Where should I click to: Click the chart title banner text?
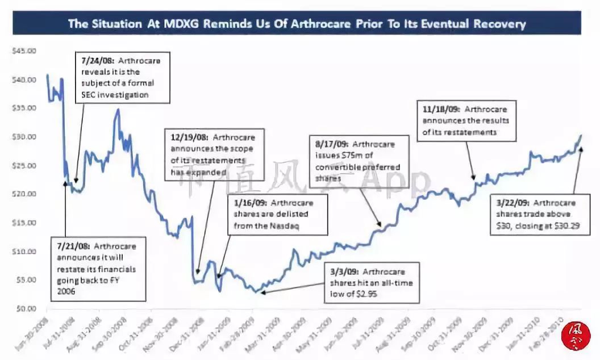click(x=297, y=24)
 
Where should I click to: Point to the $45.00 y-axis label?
click(x=24, y=51)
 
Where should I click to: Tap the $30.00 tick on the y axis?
click(x=24, y=137)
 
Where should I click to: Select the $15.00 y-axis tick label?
click(x=24, y=223)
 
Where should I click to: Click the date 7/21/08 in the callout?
click(x=74, y=246)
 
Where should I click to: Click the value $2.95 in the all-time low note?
click(x=365, y=294)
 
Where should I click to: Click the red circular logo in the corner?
click(x=576, y=336)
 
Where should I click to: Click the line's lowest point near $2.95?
click(x=257, y=292)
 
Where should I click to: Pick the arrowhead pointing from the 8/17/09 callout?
click(x=378, y=228)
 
